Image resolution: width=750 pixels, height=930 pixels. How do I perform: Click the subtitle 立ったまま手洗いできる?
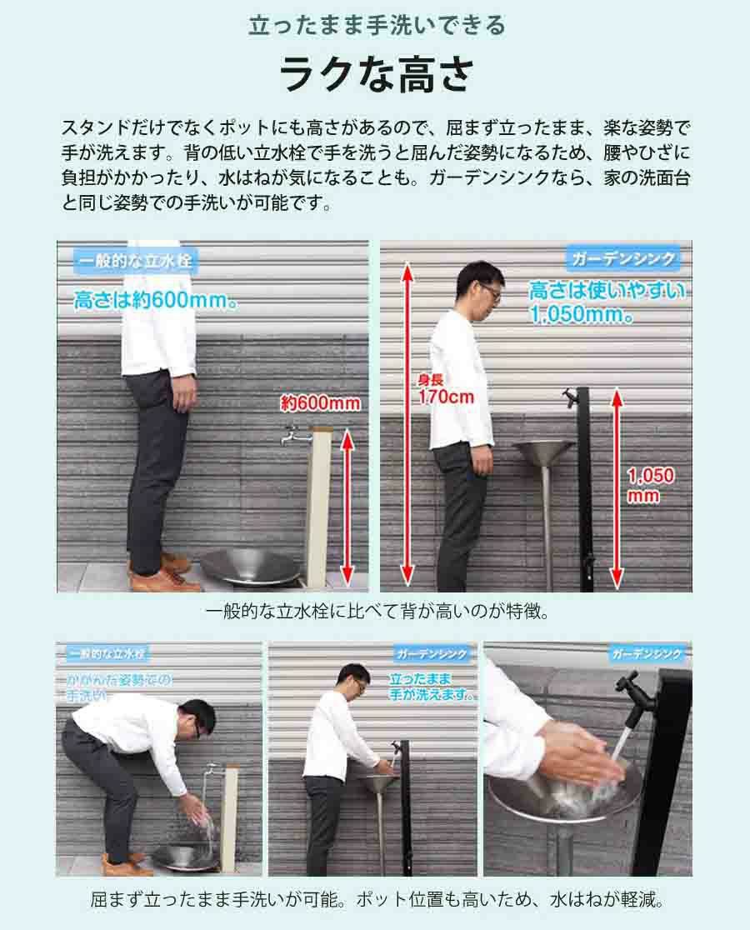377,26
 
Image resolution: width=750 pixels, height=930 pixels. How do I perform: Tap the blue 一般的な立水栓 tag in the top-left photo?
135,261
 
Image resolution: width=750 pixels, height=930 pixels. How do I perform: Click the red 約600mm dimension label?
320,403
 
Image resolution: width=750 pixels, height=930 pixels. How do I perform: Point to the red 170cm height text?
447,397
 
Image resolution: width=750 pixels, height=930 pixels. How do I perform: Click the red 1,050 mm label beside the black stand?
650,484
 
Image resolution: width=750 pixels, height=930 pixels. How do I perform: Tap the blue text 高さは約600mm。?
157,300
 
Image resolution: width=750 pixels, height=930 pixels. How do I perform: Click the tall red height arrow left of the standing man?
407,423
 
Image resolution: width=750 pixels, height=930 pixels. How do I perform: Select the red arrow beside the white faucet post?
347,507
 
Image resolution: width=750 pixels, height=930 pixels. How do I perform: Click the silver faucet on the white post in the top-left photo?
295,435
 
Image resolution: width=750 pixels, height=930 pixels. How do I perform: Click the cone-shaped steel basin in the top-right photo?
543,454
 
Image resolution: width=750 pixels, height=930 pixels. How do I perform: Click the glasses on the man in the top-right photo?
490,290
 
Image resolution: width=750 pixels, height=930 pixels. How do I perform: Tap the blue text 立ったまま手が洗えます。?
431,686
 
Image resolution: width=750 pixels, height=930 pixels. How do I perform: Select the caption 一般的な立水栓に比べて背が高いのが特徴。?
377,612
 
